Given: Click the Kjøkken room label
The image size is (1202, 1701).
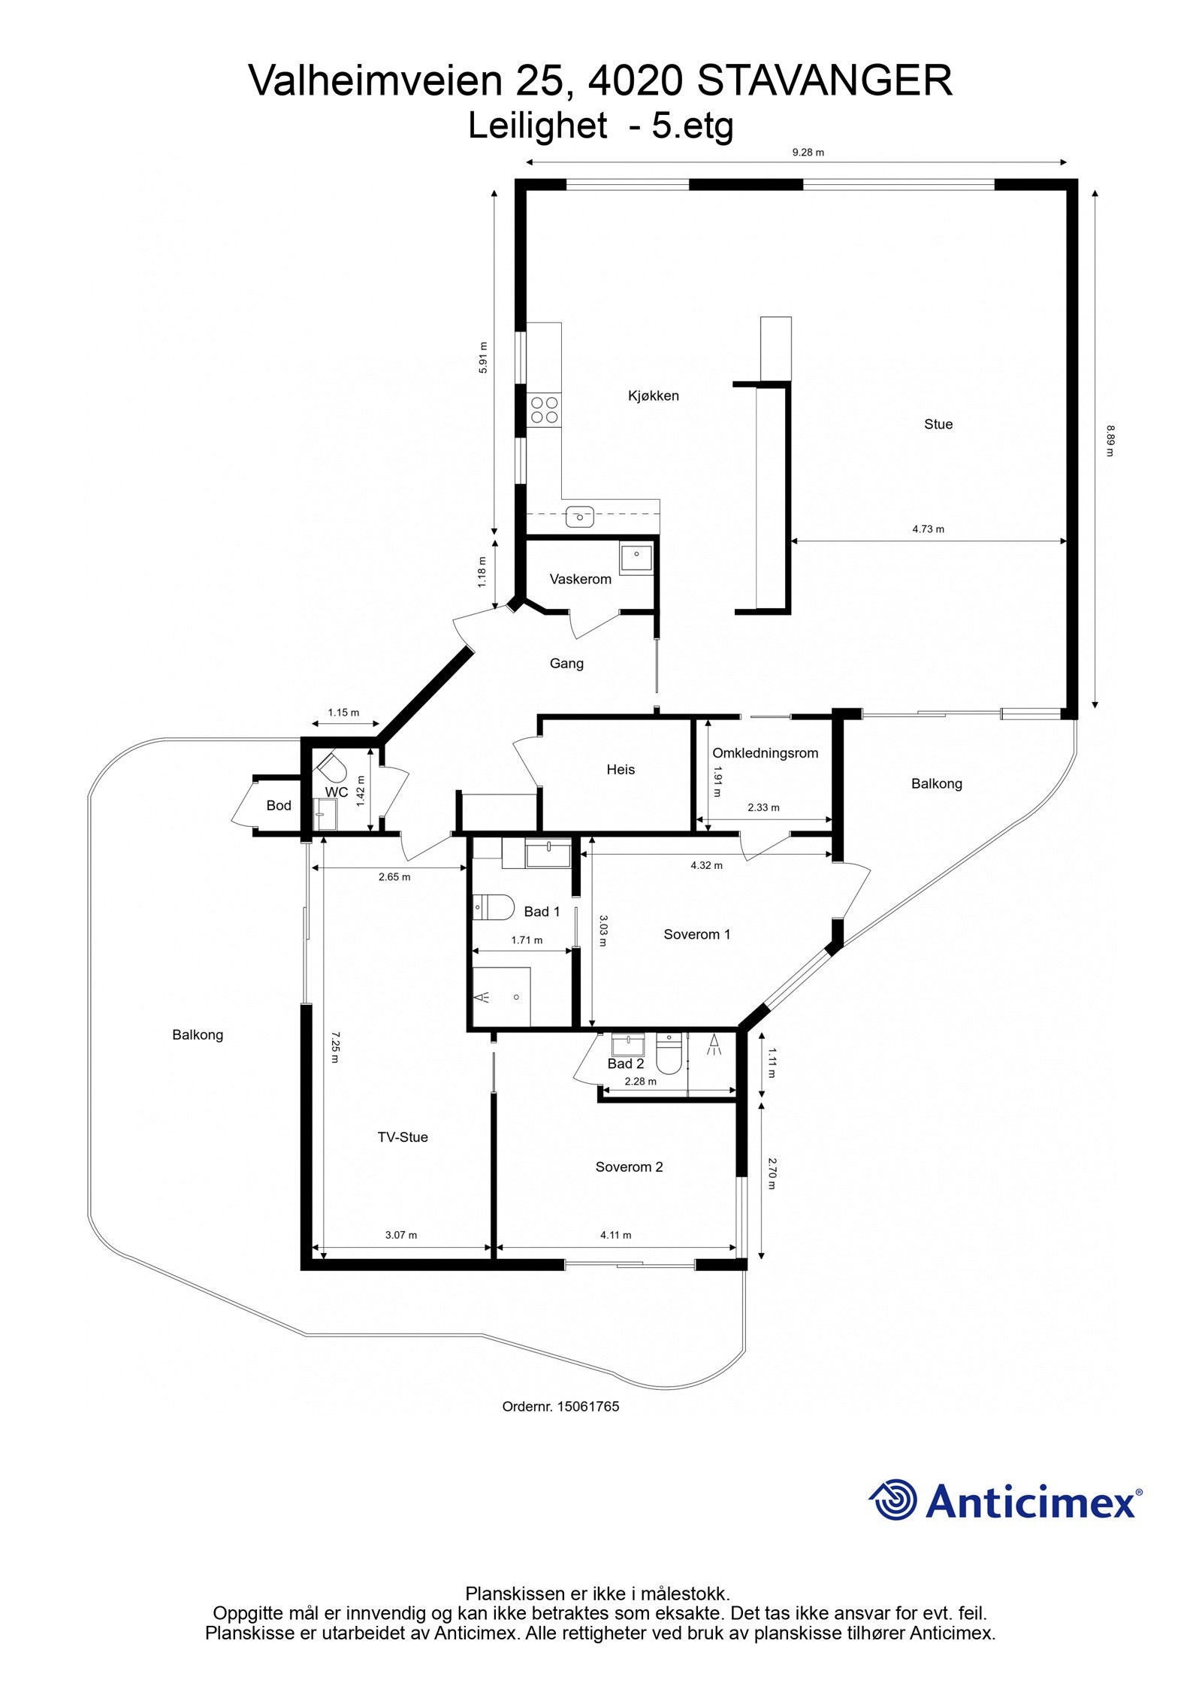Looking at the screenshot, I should (653, 395).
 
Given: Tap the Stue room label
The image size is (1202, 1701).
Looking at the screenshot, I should (938, 424).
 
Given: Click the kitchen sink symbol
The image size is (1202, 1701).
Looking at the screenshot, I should (579, 516).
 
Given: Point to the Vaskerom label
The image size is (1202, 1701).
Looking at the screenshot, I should (580, 579).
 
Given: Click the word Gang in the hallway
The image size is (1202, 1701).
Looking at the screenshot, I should (566, 663).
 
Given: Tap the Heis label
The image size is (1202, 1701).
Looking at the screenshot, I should (621, 769).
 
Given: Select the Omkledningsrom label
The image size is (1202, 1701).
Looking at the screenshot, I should (765, 752).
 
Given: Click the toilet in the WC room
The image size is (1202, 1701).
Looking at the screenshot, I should (331, 767).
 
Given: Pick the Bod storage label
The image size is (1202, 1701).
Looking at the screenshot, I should (279, 805).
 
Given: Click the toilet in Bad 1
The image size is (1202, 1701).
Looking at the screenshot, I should (492, 906).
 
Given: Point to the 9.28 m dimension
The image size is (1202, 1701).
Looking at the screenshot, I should (808, 152).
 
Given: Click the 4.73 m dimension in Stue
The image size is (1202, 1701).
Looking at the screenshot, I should (928, 528).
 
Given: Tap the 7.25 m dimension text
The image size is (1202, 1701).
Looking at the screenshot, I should (334, 1046).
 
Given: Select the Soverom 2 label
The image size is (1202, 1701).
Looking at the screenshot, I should (629, 1167).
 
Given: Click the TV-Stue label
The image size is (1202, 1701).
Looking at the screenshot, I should (403, 1137).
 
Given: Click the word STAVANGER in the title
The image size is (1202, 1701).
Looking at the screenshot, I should (825, 80).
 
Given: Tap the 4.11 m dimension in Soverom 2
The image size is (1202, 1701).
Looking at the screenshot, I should (615, 1234).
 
